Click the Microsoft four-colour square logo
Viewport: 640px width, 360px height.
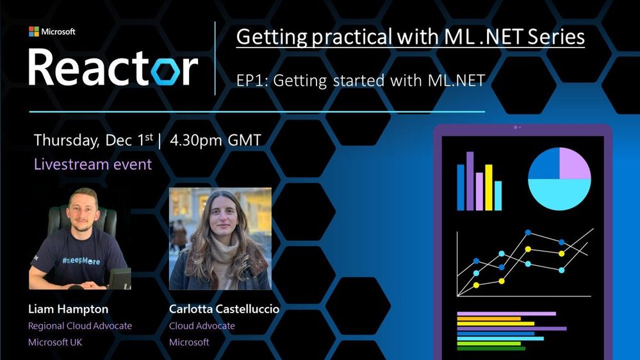coord(34,31)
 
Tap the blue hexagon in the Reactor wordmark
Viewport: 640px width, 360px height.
coord(165,72)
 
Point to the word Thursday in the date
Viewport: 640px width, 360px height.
coord(66,141)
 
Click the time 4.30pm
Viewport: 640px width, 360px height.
coord(196,141)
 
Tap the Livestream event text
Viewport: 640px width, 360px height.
coord(93,164)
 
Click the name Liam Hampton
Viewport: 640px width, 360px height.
coord(68,309)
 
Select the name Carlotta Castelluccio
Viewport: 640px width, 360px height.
coord(224,309)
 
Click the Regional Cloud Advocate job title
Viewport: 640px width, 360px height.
coord(80,325)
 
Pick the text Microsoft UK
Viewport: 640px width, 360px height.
coord(55,342)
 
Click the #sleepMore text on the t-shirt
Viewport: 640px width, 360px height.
coord(81,261)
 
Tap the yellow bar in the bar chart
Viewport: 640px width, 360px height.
coord(489,187)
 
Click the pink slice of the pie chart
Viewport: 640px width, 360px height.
coord(573,164)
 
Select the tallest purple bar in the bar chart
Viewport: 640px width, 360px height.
coord(470,181)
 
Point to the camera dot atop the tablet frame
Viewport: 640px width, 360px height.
coord(516,127)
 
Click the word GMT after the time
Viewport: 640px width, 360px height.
coord(244,140)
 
